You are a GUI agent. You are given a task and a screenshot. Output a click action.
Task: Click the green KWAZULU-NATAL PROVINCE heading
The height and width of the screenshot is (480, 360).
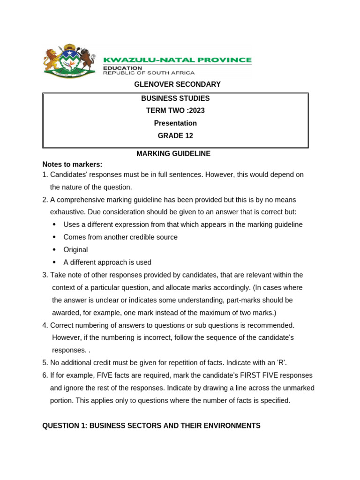(177, 60)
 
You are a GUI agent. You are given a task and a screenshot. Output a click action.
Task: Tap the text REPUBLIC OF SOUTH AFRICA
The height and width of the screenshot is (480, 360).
(149, 73)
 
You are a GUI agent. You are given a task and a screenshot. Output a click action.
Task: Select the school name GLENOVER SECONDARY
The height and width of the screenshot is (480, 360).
(177, 84)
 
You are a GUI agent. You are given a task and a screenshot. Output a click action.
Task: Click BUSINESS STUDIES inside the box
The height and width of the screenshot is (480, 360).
(175, 98)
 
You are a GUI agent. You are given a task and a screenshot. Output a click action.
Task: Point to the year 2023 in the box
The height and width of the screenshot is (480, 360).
(196, 111)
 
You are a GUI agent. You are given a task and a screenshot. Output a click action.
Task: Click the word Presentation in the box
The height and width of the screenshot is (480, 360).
(175, 123)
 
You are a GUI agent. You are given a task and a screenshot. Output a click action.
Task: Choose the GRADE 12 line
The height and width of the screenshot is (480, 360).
(175, 136)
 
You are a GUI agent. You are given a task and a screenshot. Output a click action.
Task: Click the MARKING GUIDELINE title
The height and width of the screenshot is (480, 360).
(173, 154)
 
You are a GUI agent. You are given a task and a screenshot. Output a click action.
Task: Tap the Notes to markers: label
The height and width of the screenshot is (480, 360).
(72, 165)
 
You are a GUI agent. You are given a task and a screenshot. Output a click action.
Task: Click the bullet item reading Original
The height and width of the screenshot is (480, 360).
(75, 250)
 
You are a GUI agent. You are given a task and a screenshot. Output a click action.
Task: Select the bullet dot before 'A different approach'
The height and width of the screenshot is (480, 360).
(55, 262)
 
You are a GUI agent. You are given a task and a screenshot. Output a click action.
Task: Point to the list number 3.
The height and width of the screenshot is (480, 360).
(45, 275)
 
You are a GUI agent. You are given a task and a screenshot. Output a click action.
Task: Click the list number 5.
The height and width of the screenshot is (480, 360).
(45, 363)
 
